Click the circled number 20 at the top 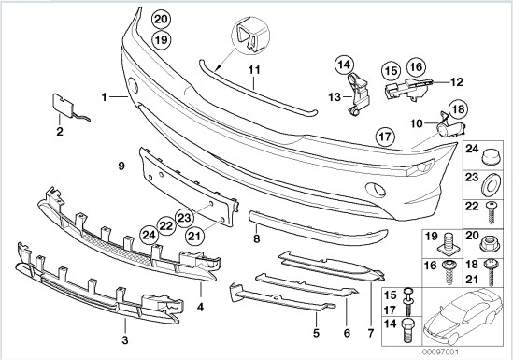(x=161, y=20)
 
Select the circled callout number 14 (x=344, y=65)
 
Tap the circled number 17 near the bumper (x=385, y=137)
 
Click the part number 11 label (x=254, y=70)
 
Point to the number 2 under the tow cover (x=60, y=132)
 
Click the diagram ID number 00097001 (x=440, y=353)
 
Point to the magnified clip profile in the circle (x=250, y=35)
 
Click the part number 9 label (x=121, y=166)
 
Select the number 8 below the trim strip (x=256, y=239)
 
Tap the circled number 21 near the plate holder (x=194, y=236)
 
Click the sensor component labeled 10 (x=451, y=126)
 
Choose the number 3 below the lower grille (x=125, y=340)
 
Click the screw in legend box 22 (x=491, y=213)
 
